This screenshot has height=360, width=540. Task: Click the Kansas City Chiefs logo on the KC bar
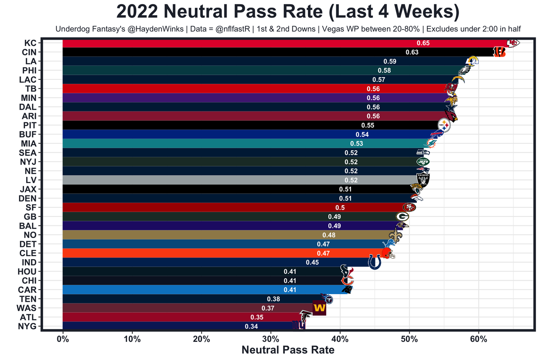click(513, 43)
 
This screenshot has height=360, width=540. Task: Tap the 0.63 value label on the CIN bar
click(412, 52)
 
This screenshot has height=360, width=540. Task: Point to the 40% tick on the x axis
click(340, 339)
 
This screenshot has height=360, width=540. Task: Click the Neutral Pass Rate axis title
click(288, 350)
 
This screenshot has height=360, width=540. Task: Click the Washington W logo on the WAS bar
click(319, 308)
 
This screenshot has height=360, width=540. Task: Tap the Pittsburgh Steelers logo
click(445, 125)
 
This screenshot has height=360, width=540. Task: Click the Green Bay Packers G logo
click(402, 217)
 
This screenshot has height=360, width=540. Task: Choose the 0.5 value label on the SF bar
click(340, 207)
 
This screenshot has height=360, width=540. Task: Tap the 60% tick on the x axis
click(478, 339)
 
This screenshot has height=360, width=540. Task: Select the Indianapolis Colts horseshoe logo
click(375, 262)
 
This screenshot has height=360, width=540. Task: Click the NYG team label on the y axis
click(27, 326)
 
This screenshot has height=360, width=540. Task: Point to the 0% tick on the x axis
click(62, 339)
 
